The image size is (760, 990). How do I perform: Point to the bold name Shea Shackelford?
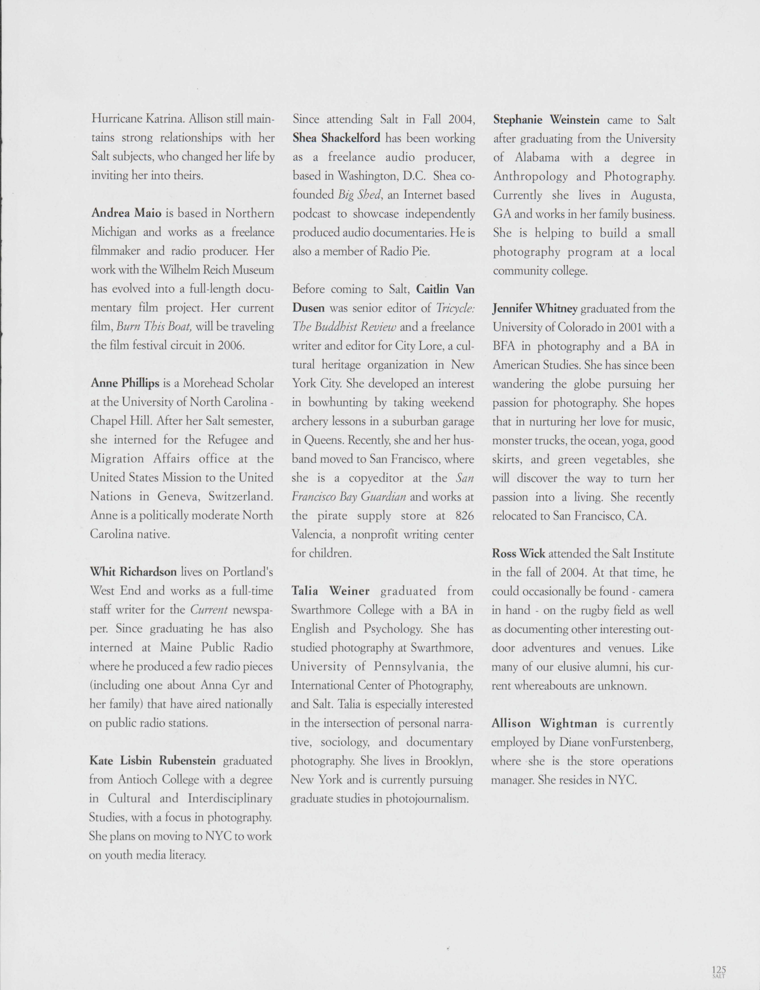tap(336, 138)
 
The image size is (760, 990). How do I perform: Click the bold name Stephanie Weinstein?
tap(546, 120)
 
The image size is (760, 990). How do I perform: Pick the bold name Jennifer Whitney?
tap(535, 309)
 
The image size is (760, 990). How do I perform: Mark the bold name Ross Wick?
tap(518, 554)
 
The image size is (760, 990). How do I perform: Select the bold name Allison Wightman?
tap(544, 723)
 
